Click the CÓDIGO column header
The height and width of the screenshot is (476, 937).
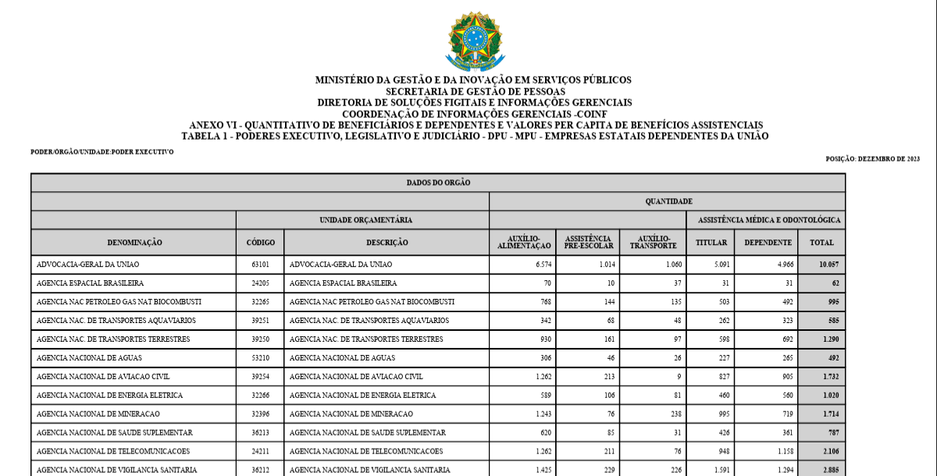261,243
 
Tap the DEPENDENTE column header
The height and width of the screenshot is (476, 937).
768,243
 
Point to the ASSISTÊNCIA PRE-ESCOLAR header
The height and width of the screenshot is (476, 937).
589,243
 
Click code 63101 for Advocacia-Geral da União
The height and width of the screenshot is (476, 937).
261,265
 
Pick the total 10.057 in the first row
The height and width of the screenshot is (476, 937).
828,265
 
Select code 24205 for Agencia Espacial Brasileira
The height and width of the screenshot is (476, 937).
261,283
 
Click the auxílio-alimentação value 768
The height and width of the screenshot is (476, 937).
542,302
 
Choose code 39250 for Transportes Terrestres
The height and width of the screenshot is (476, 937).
261,339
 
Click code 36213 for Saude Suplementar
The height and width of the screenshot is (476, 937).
261,432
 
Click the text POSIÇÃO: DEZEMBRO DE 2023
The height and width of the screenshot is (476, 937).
872,158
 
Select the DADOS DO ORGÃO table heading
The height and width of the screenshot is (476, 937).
438,183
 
